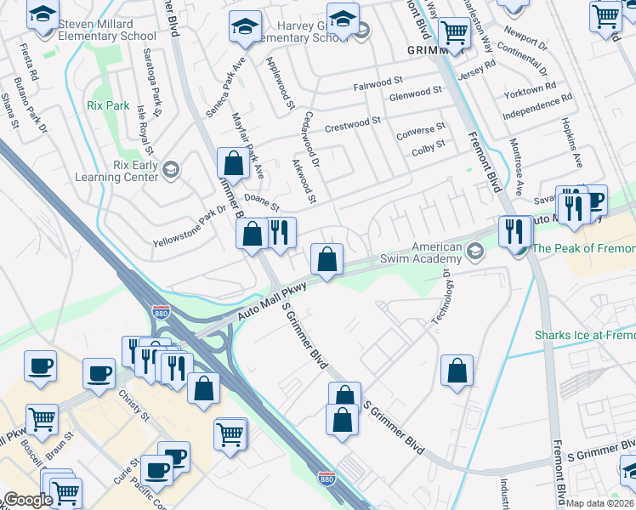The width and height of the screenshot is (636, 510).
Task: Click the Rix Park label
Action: click(x=108, y=106)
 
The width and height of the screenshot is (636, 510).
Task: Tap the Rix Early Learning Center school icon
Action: click(x=171, y=170)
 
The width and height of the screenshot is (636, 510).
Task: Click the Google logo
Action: click(x=27, y=499)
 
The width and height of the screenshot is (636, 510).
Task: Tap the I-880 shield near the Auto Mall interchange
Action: click(x=160, y=312)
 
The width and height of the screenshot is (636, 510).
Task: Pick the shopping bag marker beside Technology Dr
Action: click(x=457, y=371)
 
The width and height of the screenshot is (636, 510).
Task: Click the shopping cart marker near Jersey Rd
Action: click(x=455, y=33)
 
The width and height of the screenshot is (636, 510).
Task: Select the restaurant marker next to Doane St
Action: click(x=279, y=232)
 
